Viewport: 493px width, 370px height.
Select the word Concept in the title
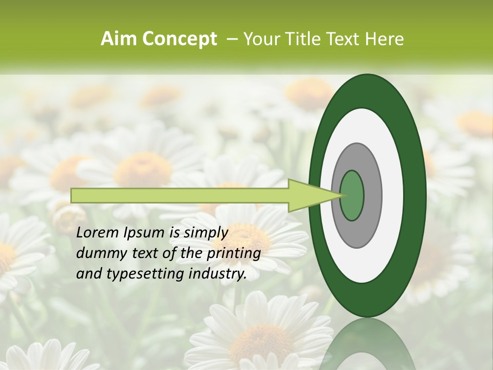coord(179,39)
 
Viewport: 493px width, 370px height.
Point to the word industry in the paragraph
coord(219,274)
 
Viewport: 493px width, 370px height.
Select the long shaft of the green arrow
coord(180,195)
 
